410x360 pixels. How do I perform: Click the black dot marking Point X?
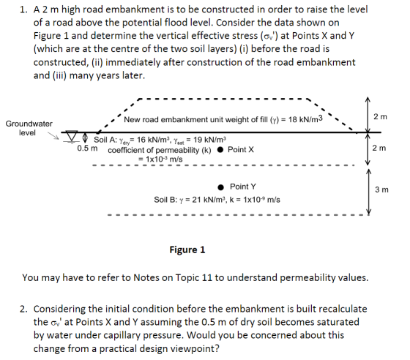click(x=220, y=150)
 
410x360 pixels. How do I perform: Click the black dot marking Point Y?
click(x=221, y=187)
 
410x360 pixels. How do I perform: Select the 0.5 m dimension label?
click(x=87, y=149)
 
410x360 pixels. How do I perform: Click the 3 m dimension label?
click(x=381, y=190)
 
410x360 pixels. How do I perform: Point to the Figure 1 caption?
click(x=187, y=250)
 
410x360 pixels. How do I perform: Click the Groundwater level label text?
click(x=29, y=128)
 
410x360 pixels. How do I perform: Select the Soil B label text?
click(x=165, y=200)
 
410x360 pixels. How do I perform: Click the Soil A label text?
click(x=105, y=140)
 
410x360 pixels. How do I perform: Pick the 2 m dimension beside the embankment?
click(x=380, y=117)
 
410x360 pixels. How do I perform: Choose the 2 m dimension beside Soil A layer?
click(x=379, y=148)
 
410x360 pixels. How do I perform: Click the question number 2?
click(x=23, y=309)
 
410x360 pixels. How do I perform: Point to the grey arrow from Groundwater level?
click(x=53, y=135)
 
